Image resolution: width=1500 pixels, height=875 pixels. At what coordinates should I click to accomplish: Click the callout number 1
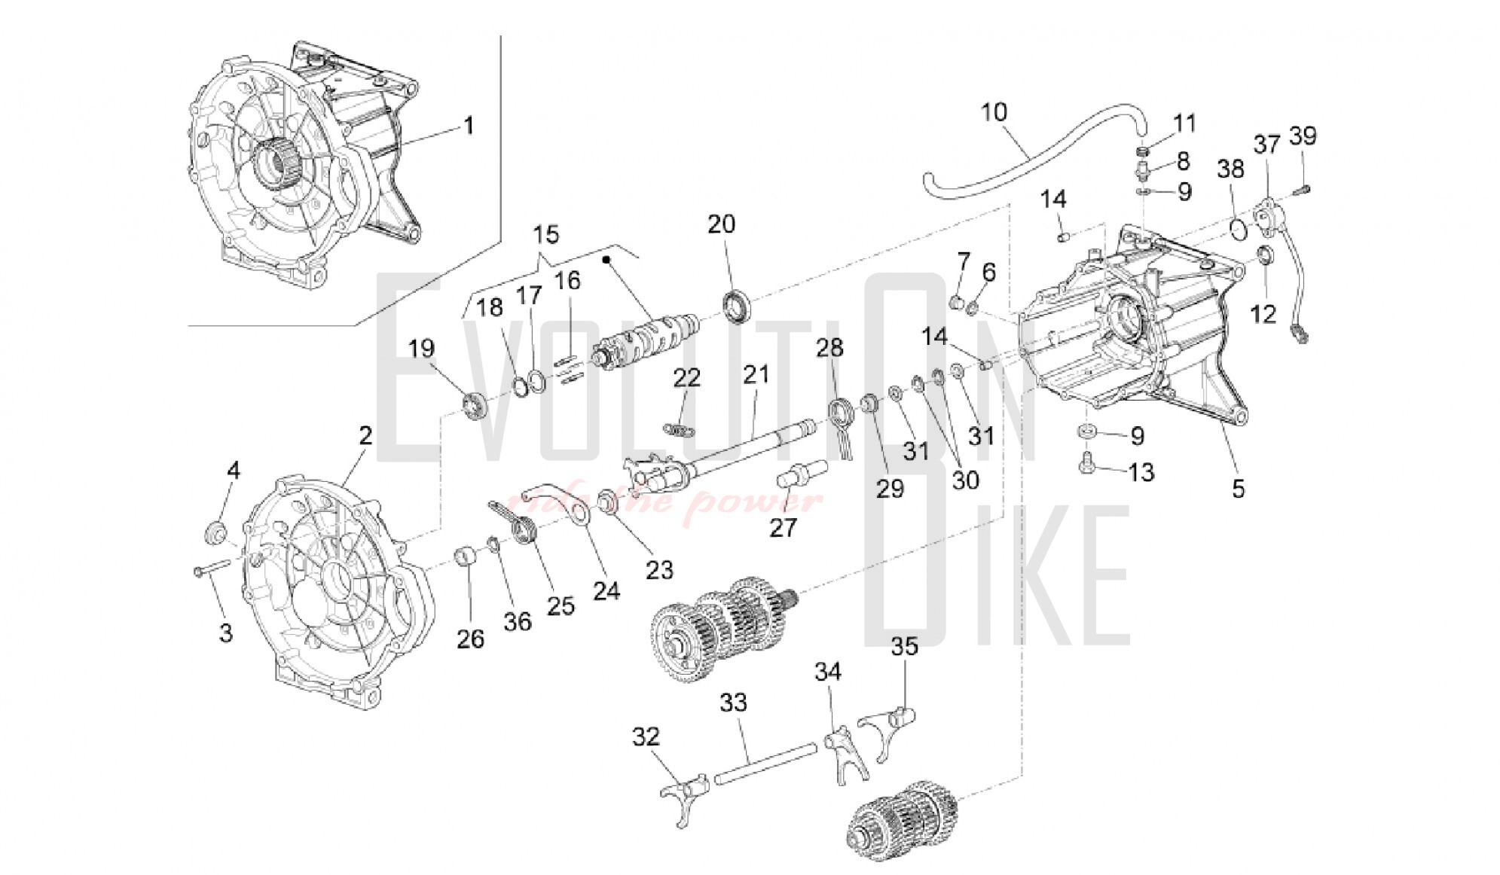tap(469, 125)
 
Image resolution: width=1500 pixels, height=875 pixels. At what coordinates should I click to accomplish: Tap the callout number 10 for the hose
tap(994, 112)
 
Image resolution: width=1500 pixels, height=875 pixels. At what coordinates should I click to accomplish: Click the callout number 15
tap(546, 235)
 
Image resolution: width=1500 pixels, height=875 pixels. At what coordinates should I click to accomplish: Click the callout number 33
tap(733, 703)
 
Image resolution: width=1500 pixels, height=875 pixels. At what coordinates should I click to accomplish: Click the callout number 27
tap(783, 527)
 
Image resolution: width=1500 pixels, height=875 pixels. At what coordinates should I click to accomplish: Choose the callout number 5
tap(1238, 489)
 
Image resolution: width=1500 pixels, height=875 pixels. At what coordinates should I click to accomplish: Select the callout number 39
tap(1303, 136)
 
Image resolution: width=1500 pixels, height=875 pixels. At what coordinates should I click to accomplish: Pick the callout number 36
tap(518, 621)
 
